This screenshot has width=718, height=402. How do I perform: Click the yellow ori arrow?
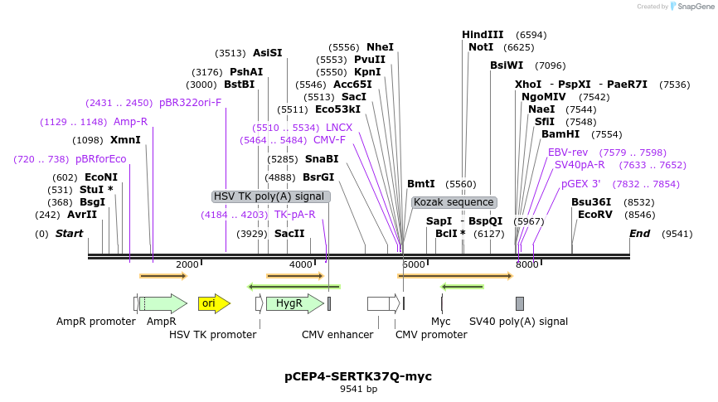pos(214,303)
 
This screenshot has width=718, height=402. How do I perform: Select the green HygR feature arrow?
pos(295,303)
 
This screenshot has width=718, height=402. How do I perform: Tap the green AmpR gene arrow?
pos(163,303)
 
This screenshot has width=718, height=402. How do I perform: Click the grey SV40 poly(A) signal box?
pos(520,303)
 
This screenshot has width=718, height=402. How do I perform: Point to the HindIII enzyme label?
pos(483,35)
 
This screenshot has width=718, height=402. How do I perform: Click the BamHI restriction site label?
pos(560,134)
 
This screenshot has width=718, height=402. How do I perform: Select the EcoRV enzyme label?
pos(594,215)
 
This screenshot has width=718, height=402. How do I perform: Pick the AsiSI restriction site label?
pos(268,53)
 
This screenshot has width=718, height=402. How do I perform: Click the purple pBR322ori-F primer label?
pos(190,103)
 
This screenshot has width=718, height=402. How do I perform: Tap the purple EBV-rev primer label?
pos(568,153)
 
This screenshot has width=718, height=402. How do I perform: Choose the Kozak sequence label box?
pos(454,202)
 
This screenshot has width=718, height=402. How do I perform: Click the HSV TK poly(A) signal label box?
pos(270,196)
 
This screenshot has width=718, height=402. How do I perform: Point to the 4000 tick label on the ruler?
pos(300,264)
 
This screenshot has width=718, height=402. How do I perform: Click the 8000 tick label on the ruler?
pos(526,264)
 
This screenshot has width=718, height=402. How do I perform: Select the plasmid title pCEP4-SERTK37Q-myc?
pos(358,376)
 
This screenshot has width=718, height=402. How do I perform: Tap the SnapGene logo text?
pos(696,7)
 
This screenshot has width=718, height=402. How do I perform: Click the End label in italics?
pos(640,234)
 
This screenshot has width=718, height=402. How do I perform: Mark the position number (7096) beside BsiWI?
pos(550,66)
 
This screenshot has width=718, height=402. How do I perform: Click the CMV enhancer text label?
pos(337,335)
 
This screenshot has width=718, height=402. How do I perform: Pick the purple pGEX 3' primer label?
pos(580,184)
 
